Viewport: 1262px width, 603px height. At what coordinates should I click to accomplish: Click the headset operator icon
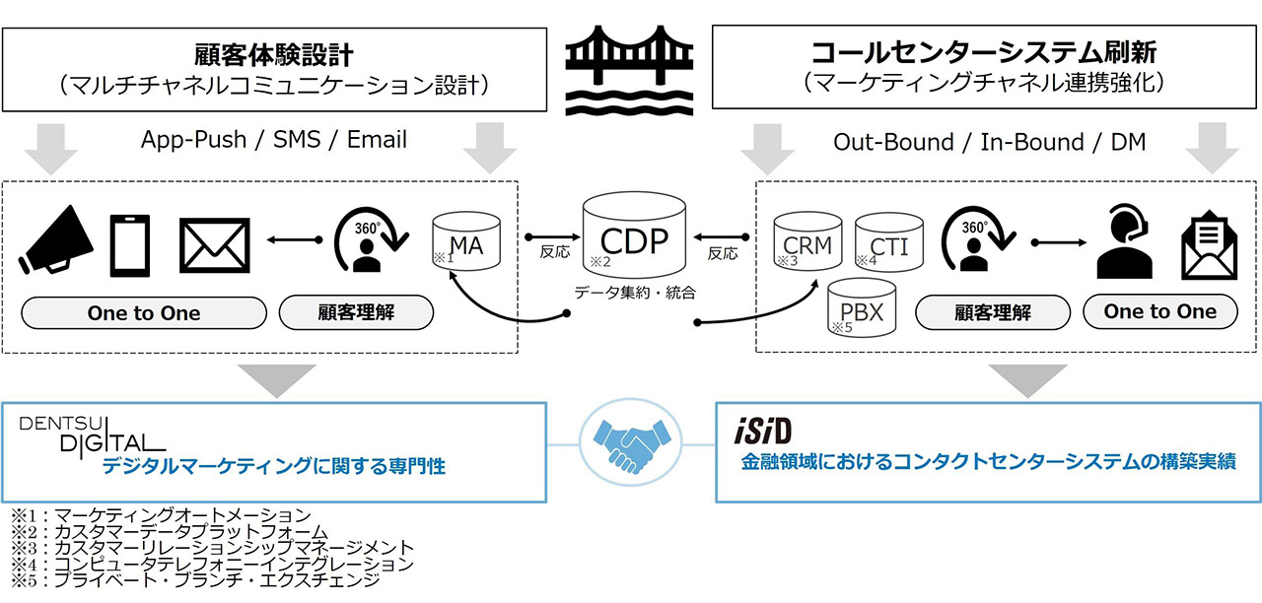point(1126,243)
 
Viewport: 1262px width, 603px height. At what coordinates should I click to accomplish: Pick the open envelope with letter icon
point(1209,244)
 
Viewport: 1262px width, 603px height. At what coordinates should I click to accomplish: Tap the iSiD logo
point(765,432)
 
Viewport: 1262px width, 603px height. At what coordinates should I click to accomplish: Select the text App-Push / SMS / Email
point(273,140)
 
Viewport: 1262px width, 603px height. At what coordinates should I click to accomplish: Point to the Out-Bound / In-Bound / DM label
point(990,142)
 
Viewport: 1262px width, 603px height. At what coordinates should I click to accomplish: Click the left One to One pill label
point(144,313)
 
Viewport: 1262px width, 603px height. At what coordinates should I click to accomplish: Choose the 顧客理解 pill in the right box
point(992,313)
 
